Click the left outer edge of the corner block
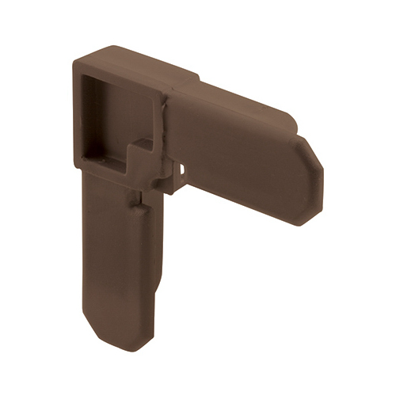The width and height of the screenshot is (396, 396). [x=77, y=119]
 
